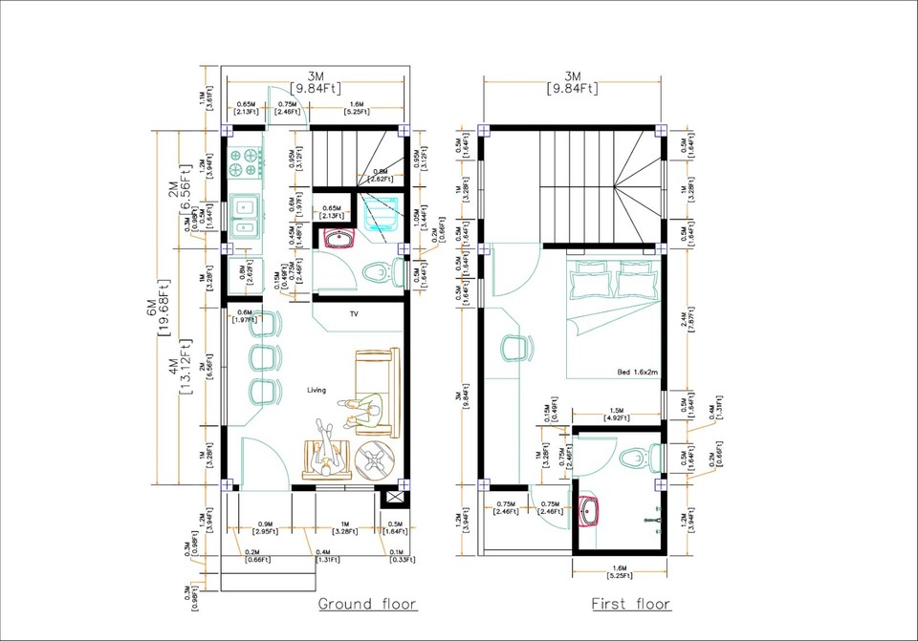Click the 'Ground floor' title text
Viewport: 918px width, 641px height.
366,603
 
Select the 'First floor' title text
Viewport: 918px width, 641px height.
631,603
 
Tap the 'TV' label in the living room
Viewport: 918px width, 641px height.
354,314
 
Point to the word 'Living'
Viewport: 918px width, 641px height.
317,390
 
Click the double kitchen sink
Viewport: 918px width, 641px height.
246,214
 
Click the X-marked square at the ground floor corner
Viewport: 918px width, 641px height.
390,499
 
